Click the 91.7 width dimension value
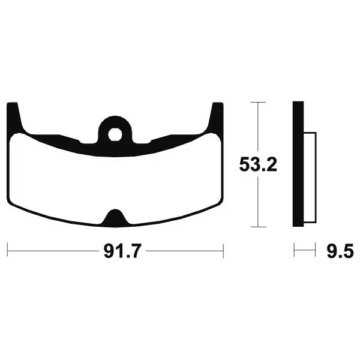[122, 251]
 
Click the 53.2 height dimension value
[258, 164]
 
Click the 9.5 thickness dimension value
[340, 251]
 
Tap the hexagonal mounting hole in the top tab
[115, 134]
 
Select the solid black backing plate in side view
[298, 164]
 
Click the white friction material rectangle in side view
[310, 178]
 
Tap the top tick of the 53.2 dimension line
[258, 102]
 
